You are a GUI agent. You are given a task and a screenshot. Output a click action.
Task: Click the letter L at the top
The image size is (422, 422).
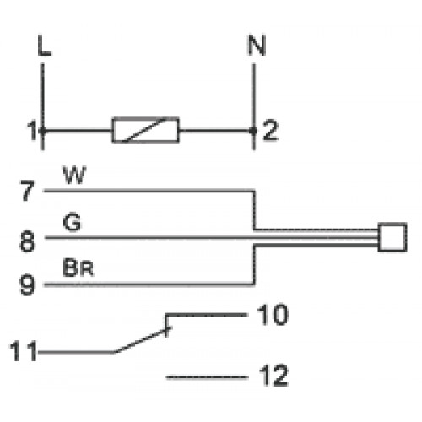tap(44, 45)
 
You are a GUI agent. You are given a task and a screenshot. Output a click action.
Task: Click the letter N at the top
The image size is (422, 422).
tap(257, 45)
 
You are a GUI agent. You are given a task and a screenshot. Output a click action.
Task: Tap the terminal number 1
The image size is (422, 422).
tap(32, 131)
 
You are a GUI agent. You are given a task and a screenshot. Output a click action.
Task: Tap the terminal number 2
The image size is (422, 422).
tap(270, 130)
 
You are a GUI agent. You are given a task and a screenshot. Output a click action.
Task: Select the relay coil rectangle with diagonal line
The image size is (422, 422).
tap(146, 130)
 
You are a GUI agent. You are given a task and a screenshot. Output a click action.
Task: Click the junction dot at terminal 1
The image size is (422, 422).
tap(42, 131)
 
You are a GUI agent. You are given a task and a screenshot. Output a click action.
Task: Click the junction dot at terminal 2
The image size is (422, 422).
tap(254, 131)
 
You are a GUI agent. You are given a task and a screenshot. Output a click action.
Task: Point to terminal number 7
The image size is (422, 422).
tap(27, 191)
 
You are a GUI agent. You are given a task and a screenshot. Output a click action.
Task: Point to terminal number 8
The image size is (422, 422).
tap(27, 241)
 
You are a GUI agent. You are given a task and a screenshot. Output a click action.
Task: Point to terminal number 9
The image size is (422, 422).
tap(27, 284)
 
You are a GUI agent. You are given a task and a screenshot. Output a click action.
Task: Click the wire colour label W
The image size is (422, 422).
tap(74, 175)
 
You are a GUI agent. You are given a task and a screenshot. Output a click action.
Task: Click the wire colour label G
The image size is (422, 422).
tap(73, 222)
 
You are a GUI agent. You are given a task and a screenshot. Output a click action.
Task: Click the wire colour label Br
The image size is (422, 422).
tap(78, 268)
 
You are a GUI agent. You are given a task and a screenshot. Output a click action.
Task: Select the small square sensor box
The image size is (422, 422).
tap(392, 237)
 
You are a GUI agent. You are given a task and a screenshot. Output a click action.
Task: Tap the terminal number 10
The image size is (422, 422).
tap(273, 315)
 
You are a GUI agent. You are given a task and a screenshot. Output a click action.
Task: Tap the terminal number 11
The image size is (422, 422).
tap(24, 351)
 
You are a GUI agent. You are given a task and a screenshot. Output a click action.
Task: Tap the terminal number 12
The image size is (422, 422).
tap(273, 376)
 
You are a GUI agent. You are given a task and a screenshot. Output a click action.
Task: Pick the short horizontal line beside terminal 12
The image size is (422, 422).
tap(207, 377)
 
